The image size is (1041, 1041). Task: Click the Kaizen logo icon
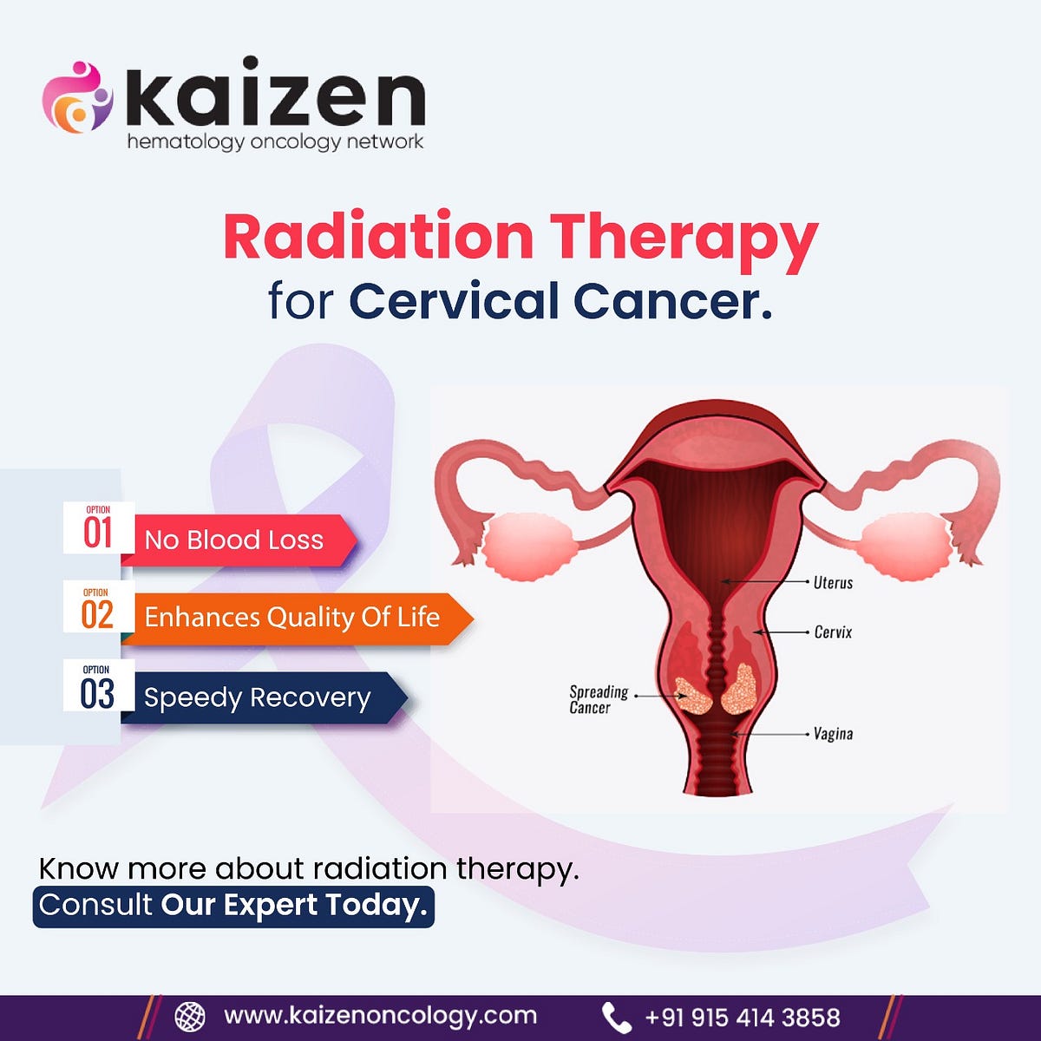coord(77,97)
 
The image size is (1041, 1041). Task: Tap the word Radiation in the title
coord(378,237)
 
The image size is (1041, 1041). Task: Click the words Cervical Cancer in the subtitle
coord(560,301)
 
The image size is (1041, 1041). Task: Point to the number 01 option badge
coord(98,528)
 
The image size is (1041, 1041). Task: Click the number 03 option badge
coord(97,689)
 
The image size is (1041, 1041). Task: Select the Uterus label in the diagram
coord(833,583)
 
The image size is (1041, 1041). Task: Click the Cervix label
coord(833,632)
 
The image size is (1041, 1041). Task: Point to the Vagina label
coord(833,734)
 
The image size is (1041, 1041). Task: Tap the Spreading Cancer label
coord(598,699)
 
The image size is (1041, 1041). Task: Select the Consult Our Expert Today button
coord(233,906)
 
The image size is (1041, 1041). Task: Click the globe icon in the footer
coord(190,1016)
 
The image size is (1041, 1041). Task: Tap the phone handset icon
coord(616,1017)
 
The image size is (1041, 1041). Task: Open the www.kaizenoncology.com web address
coord(380,1016)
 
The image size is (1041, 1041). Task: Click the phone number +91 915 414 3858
coord(742,1017)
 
